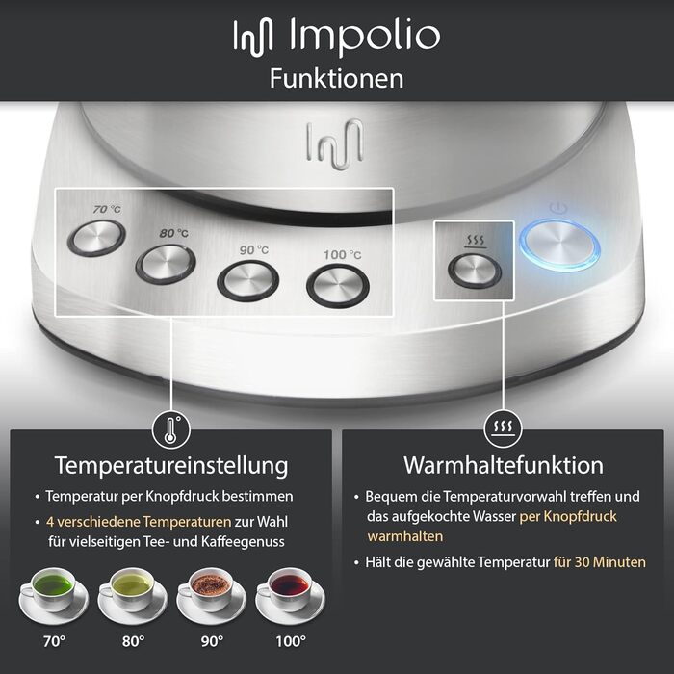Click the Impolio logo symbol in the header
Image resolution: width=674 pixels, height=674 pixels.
coord(255,36)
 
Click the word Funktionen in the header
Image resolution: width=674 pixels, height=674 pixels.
coord(336,78)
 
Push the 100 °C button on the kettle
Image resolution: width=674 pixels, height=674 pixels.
coord(337,283)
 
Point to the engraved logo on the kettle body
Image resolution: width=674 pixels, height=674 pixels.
coord(335,143)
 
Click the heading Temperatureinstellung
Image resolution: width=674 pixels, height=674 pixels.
coord(171,466)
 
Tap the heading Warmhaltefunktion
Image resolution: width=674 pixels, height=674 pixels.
coord(503,466)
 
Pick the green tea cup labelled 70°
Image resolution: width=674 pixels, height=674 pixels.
coord(54,589)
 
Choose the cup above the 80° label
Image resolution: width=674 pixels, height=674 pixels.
coord(131,589)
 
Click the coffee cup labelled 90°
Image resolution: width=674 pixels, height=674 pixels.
coord(210,589)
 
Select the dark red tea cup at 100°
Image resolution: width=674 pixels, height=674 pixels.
coord(289,589)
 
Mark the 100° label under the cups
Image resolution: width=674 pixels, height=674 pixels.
coord(290,639)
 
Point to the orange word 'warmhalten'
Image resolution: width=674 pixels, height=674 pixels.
coord(404,536)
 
